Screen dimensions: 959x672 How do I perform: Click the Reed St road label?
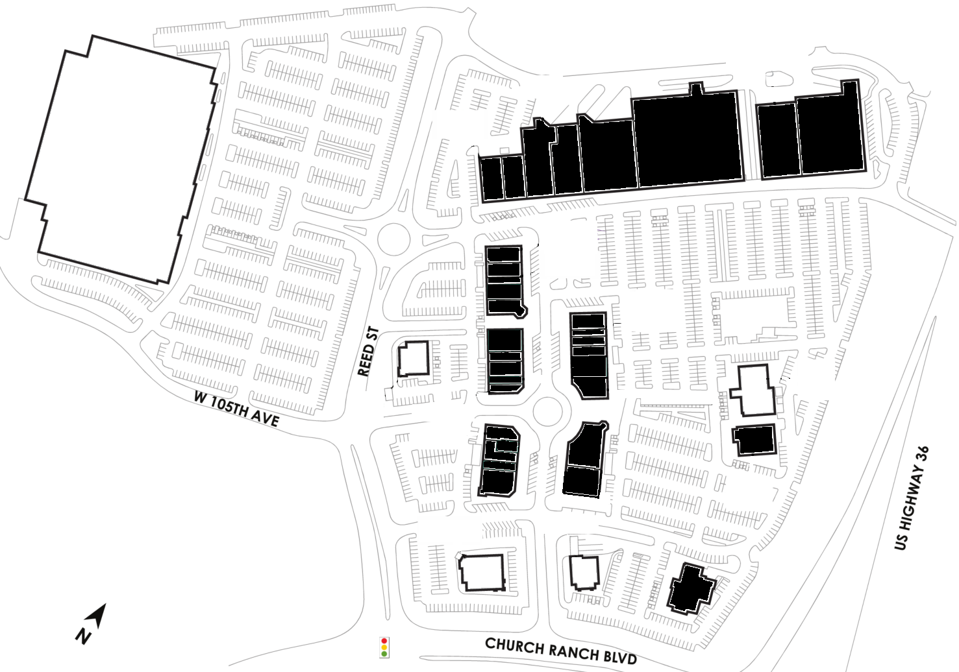click(x=368, y=352)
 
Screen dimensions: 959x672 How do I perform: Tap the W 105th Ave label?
click(x=236, y=409)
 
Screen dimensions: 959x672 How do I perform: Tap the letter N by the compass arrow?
click(x=84, y=637)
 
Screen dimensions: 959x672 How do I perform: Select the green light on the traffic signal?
click(x=384, y=653)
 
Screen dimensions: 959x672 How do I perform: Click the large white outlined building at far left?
click(x=121, y=160)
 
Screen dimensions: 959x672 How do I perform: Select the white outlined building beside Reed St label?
click(x=413, y=359)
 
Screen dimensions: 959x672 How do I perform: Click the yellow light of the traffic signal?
click(x=384, y=647)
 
